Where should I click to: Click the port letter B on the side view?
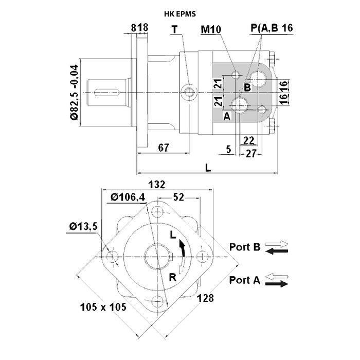tap(247, 87)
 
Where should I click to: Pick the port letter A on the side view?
tap(226, 116)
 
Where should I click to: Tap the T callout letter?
tap(175, 29)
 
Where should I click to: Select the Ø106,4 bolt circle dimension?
tap(128, 196)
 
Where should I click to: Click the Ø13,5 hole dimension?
tap(82, 226)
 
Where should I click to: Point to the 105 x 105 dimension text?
tap(104, 307)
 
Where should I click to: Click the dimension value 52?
tap(179, 196)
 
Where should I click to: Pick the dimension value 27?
tap(251, 153)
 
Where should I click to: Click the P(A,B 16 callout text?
tap(272, 29)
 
